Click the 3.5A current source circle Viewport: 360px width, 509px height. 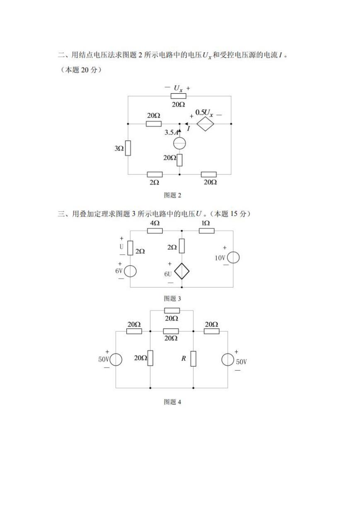coord(179,143)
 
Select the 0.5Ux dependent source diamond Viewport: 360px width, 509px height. coord(205,124)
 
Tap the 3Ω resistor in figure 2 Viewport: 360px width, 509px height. coord(128,148)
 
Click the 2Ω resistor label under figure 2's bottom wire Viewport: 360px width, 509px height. coord(154,182)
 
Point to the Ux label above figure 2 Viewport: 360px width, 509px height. coord(178,88)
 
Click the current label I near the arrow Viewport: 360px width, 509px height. coord(188,129)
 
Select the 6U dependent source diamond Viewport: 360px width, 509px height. coord(182,271)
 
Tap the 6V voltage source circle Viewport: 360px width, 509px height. coord(130,271)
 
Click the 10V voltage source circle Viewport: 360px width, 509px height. coord(233,257)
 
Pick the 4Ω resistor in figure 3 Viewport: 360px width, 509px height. coord(155,231)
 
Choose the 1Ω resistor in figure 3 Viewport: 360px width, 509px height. coord(207,231)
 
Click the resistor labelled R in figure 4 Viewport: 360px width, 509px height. coord(193,359)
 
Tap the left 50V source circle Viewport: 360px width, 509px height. coord(116,360)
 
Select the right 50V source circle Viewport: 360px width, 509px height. coord(227,360)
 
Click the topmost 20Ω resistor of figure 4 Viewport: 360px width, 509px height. coord(172,310)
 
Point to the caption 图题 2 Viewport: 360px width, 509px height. coord(173,195)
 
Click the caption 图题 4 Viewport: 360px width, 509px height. coord(173,402)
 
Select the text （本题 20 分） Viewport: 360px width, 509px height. coord(81,70)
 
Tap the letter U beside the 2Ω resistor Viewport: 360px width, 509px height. coord(121,247)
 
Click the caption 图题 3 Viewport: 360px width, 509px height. coord(173,298)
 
